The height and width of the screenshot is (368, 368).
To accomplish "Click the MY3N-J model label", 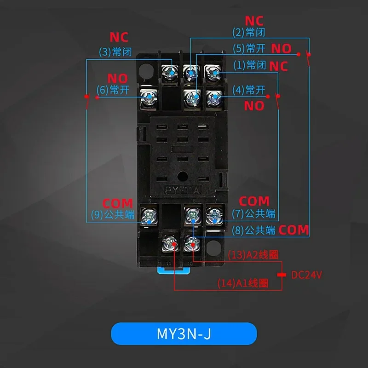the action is [184, 333].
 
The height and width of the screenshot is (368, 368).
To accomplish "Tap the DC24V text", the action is [307, 275].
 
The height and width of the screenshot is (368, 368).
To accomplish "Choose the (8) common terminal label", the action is [254, 230].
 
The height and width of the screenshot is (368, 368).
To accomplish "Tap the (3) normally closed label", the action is [115, 52].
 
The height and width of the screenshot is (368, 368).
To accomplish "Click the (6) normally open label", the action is [113, 90].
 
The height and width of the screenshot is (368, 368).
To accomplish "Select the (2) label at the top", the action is [249, 33].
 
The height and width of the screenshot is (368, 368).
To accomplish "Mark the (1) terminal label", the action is [250, 65].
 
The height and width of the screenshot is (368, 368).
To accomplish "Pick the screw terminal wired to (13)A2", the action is [191, 241].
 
